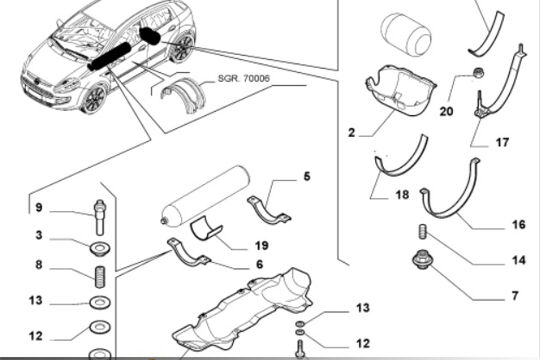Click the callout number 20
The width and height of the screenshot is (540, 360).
[446, 112]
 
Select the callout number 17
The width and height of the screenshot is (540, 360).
[502, 142]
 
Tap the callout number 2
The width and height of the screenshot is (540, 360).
[351, 133]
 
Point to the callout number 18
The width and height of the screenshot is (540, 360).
[402, 195]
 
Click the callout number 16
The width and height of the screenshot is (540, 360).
[519, 225]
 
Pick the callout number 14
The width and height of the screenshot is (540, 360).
[519, 260]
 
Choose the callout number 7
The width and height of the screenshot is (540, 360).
[515, 296]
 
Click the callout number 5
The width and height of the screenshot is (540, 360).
[307, 176]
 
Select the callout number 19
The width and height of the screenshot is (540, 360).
[262, 246]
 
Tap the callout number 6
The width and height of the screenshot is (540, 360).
[260, 265]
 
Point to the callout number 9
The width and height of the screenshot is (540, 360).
[39, 208]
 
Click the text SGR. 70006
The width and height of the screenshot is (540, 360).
[243, 79]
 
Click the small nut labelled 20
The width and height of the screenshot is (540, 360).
[478, 73]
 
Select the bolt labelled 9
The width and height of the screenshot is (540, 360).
[100, 217]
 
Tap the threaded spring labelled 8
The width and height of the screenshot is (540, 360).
[100, 277]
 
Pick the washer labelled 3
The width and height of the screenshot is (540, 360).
[100, 249]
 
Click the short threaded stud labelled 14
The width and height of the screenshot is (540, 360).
[423, 232]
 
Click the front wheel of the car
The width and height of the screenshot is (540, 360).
[94, 99]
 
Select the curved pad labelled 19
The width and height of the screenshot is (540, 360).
[206, 228]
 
